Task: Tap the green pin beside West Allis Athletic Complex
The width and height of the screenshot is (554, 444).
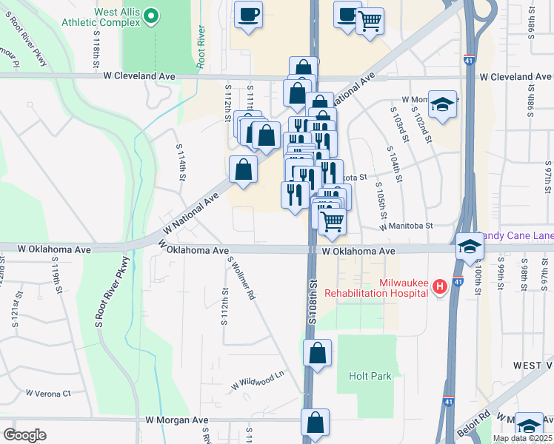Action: (x=151, y=16)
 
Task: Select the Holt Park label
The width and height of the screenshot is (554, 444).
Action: (x=370, y=377)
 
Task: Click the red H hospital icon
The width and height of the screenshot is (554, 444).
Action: (x=439, y=286)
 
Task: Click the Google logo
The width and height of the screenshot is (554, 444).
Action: (x=24, y=434)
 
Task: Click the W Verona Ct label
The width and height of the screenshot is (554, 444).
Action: (x=48, y=393)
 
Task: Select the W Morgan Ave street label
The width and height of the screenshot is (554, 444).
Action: (x=177, y=420)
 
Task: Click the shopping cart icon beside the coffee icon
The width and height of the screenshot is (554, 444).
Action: (x=370, y=20)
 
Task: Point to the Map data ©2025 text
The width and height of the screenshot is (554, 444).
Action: (x=521, y=438)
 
